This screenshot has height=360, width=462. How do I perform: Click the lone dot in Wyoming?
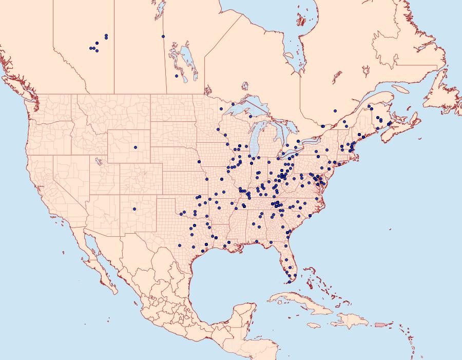click(136, 147)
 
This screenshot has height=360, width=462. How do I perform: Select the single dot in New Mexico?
click(134, 209)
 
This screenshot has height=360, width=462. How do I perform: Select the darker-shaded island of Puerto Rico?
click(379, 325)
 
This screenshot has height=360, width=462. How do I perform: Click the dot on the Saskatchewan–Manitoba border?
click(163, 36)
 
